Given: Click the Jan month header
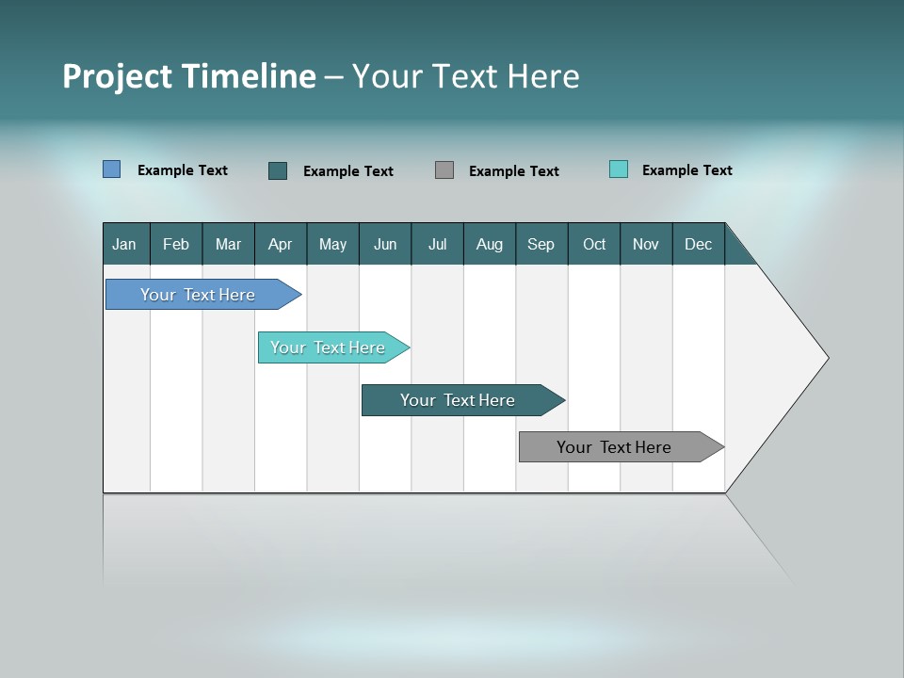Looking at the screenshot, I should (125, 244).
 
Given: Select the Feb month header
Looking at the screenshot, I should (176, 244).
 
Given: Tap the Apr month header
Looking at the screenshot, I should (281, 244).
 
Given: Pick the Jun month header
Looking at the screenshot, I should (385, 244).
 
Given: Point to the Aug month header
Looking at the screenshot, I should (490, 244).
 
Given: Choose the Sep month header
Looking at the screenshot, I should (541, 244).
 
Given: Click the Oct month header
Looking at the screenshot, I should (594, 244).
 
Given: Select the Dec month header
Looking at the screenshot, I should (699, 244).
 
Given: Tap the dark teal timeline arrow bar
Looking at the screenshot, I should (459, 400).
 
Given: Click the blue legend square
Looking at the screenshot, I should (112, 169).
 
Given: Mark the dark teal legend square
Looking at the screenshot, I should (278, 170).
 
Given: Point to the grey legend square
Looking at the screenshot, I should (444, 170).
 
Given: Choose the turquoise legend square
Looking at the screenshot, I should (619, 169).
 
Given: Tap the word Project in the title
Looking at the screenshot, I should (117, 76).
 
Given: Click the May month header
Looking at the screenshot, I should (332, 244).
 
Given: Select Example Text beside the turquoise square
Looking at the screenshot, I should (686, 169).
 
